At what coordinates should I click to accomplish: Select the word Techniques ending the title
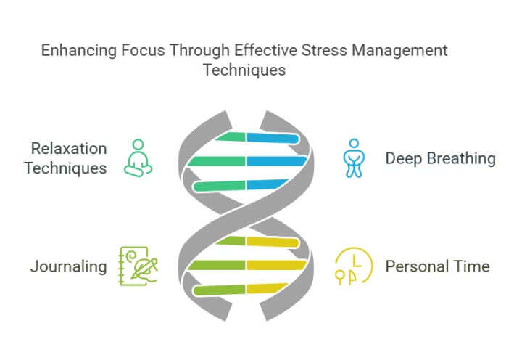[244, 70]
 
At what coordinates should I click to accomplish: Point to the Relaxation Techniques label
[65, 158]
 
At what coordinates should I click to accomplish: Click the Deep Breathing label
[440, 158]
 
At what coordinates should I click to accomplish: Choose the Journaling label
[68, 266]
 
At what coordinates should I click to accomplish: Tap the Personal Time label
[437, 266]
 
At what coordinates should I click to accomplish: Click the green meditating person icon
[137, 158]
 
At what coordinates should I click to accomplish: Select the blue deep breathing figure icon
[353, 158]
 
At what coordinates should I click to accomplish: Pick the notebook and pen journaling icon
[138, 266]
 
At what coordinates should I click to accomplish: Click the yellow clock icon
[352, 266]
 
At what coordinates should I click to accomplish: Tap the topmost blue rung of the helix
[272, 137]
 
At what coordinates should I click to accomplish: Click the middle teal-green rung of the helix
[217, 161]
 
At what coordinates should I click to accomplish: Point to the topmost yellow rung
[272, 242]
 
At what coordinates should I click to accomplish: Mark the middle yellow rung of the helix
[275, 266]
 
